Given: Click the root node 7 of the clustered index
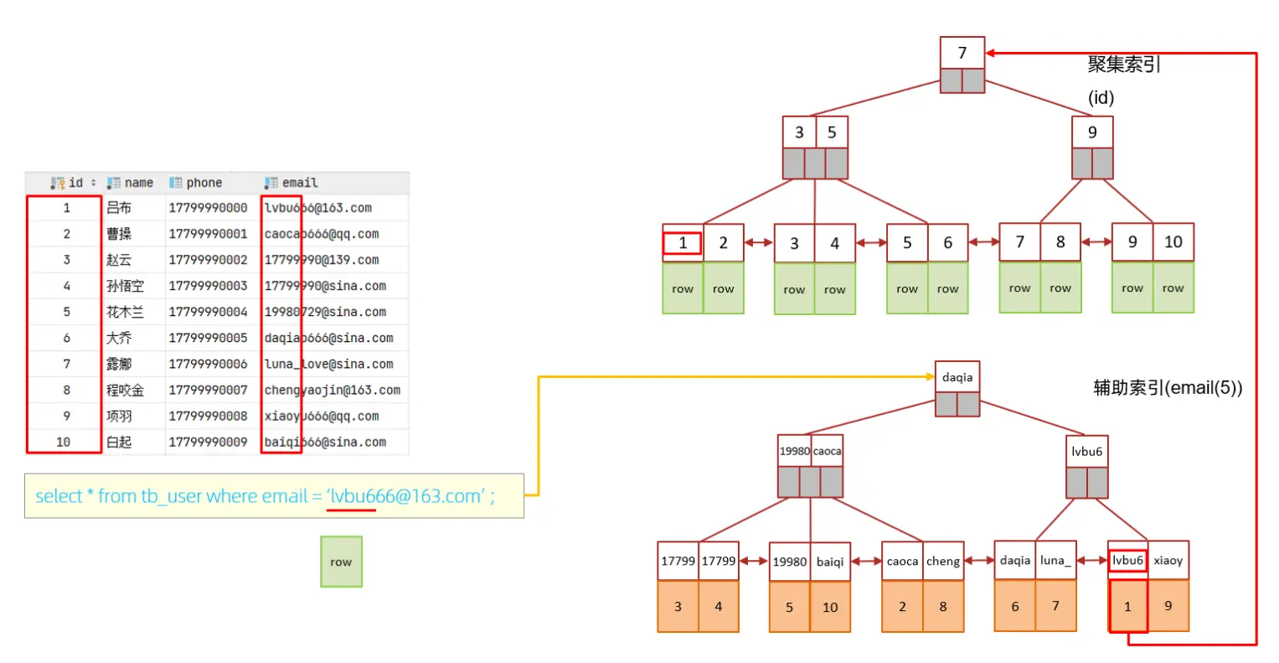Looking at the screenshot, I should (x=962, y=53).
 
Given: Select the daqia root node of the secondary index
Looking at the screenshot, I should (x=957, y=377).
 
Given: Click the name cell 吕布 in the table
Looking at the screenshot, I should (x=119, y=208).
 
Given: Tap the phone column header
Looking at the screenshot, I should (x=204, y=183).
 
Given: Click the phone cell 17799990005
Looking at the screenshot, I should (x=208, y=338).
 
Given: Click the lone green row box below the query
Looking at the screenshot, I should (x=341, y=562).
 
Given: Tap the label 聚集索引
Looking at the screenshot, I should (x=1124, y=65).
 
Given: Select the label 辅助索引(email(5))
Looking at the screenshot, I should (x=1168, y=387).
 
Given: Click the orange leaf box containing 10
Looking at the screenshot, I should (x=830, y=607).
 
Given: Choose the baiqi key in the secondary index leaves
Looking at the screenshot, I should (x=830, y=562).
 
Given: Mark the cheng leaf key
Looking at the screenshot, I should (x=943, y=561).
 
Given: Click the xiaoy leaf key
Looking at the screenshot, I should (x=1168, y=560).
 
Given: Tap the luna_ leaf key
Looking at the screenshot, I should (x=1055, y=560).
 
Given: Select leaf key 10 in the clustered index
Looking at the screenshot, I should (x=1173, y=242).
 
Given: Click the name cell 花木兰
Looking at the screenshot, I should (x=125, y=312).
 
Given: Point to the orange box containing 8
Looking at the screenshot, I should (x=943, y=606).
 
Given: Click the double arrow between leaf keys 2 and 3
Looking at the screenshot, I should (x=759, y=243).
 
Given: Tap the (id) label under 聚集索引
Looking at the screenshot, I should (x=1101, y=98).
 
